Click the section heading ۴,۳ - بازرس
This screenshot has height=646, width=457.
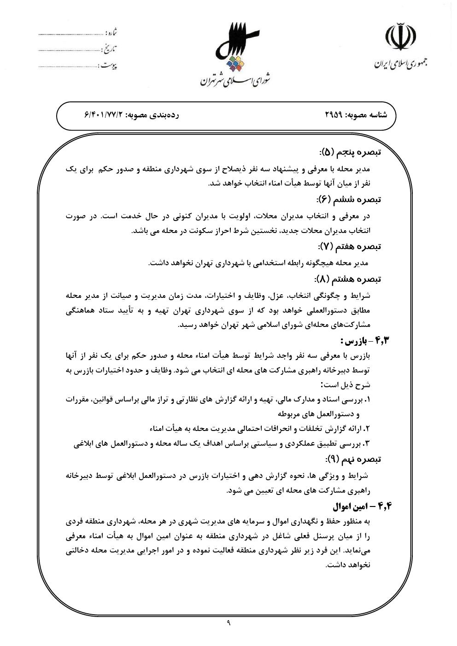click(x=361, y=341)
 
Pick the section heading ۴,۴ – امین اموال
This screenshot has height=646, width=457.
click(x=361, y=506)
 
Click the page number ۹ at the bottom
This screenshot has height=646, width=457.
click(x=228, y=623)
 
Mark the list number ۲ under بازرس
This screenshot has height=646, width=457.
click(x=367, y=429)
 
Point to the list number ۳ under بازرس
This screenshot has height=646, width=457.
click(x=367, y=444)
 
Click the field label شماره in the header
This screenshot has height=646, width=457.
click(x=112, y=33)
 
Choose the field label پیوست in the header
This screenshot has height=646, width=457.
click(x=109, y=65)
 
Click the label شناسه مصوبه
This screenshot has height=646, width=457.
click(x=373, y=115)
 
